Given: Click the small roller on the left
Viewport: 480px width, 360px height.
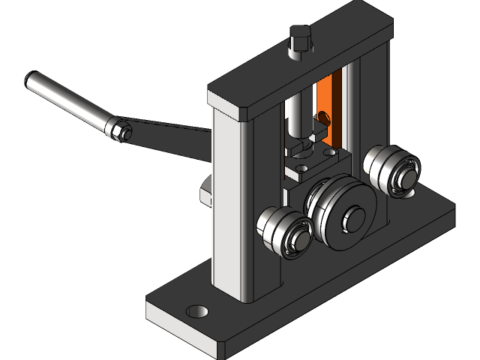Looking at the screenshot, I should [x=283, y=231].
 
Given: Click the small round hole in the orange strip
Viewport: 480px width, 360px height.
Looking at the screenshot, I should [x=325, y=117].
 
